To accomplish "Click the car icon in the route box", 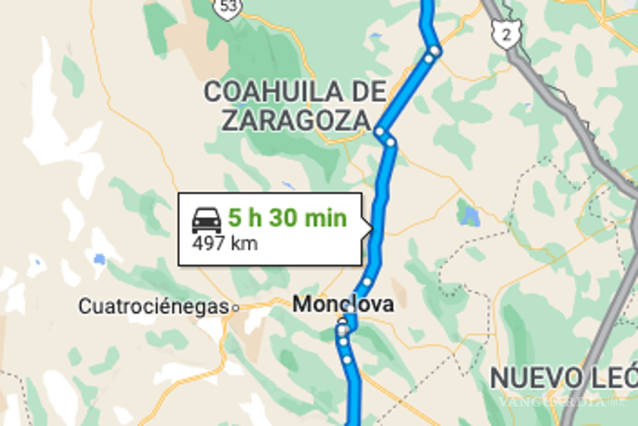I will [206, 220].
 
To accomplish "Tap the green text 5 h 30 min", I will [287, 218].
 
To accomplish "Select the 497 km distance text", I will [225, 243].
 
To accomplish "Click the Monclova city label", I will [343, 305].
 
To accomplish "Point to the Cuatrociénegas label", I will [154, 306].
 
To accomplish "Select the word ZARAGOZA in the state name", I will [295, 121].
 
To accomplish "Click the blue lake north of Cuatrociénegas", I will [99, 259].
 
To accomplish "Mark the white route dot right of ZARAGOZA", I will [380, 131].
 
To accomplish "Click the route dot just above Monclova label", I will [367, 281].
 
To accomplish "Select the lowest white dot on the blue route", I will [347, 360].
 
